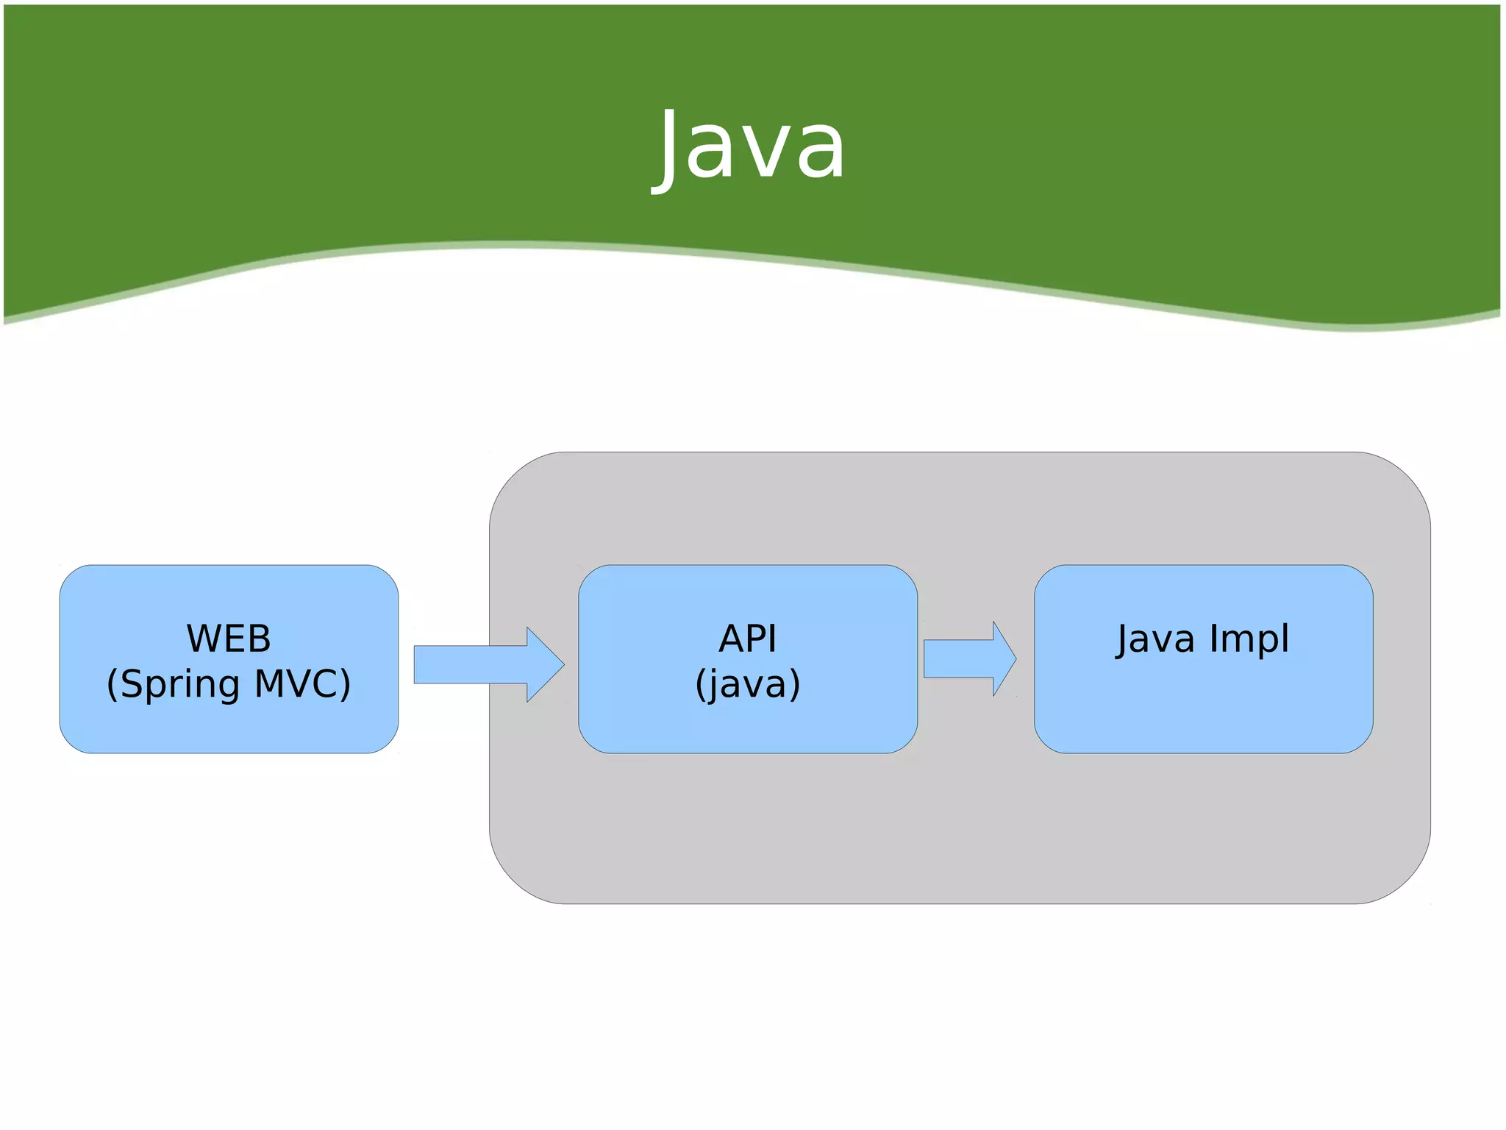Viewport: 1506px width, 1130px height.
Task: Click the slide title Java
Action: point(750,147)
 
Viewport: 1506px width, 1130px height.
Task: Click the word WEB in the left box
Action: point(229,639)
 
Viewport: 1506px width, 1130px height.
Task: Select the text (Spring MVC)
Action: point(229,684)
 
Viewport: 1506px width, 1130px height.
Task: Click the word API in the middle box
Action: point(747,639)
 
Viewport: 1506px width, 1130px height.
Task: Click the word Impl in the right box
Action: point(1249,639)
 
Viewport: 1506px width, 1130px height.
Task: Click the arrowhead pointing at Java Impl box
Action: point(1004,658)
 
